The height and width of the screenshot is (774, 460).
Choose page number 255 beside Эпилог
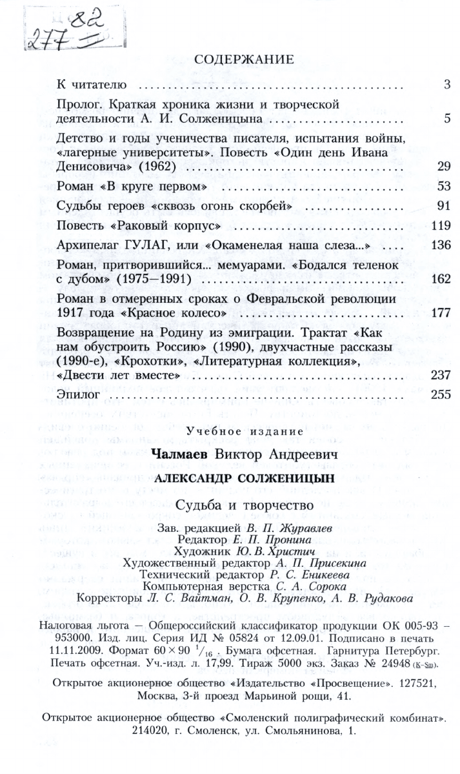(x=440, y=394)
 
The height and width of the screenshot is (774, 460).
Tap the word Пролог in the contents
(x=77, y=104)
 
